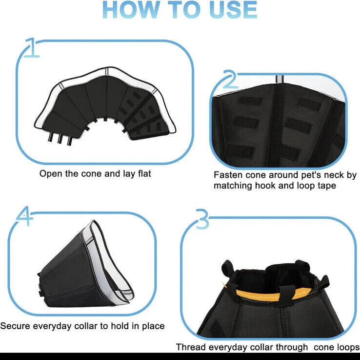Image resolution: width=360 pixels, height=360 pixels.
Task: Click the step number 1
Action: (31, 47)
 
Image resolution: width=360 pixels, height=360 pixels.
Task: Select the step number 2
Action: (230, 79)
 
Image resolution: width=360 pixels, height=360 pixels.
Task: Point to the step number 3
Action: (202, 219)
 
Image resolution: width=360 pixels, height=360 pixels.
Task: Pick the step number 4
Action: (24, 215)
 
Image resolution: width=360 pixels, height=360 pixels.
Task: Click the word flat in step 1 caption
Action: (145, 173)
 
